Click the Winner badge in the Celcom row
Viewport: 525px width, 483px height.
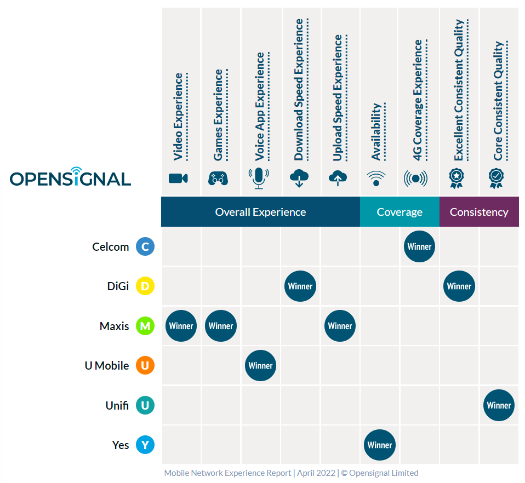pos(419,246)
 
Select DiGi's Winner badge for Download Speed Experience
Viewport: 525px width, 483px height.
pos(300,286)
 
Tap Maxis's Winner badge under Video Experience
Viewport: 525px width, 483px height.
pos(181,326)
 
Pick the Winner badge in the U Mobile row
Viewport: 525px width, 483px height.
pos(260,365)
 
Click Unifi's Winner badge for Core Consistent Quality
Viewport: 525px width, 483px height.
pos(499,405)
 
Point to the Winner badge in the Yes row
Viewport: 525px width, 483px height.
pos(379,445)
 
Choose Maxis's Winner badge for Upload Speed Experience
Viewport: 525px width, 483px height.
pos(340,326)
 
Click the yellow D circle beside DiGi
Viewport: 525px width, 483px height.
pos(145,286)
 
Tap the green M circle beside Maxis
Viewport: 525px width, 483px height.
pos(145,326)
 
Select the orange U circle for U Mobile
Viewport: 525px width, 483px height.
pos(145,366)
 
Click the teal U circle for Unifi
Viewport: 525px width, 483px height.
pos(145,406)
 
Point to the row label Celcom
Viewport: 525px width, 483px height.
pos(111,247)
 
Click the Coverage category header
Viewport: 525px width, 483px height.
pos(400,212)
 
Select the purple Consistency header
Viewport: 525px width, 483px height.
pos(479,212)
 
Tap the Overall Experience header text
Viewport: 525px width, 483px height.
pos(260,212)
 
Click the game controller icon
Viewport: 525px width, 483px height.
pos(218,178)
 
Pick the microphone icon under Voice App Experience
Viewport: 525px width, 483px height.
pos(259,178)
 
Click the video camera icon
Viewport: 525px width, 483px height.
pos(178,178)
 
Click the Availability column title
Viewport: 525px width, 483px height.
pos(376,131)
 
